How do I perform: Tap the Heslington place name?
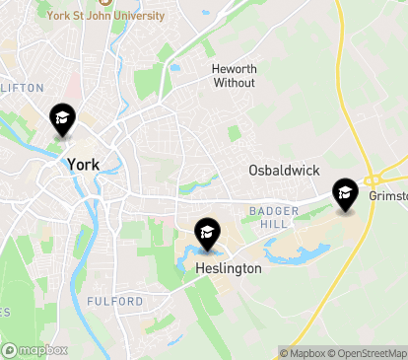pyautogui.click(x=228, y=268)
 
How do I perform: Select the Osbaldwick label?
pyautogui.click(x=284, y=171)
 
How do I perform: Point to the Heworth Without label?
pyautogui.click(x=234, y=76)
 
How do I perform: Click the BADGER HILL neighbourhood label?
pyautogui.click(x=266, y=217)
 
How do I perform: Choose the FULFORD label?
pyautogui.click(x=114, y=301)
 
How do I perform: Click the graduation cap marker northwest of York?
pyautogui.click(x=62, y=120)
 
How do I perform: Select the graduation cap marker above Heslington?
pyautogui.click(x=207, y=233)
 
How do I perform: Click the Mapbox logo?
pyautogui.click(x=35, y=350)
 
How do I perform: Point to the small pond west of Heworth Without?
pyautogui.click(x=174, y=68)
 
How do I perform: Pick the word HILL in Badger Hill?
pyautogui.click(x=266, y=224)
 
